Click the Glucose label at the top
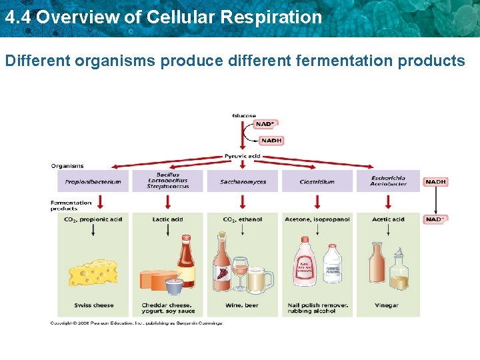pyautogui.click(x=244, y=116)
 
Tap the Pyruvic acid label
pyautogui.click(x=243, y=157)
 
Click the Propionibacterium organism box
pyautogui.click(x=93, y=181)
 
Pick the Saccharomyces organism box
pyautogui.click(x=243, y=181)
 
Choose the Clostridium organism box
pyautogui.click(x=317, y=181)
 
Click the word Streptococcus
pyautogui.click(x=168, y=187)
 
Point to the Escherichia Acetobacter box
pyautogui.click(x=388, y=181)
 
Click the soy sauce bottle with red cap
pyautogui.click(x=185, y=263)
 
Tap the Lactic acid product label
pyautogui.click(x=167, y=219)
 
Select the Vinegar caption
pyautogui.click(x=386, y=305)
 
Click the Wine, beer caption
pyautogui.click(x=243, y=305)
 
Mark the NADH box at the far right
pyautogui.click(x=435, y=181)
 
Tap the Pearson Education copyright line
pyautogui.click(x=137, y=323)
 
